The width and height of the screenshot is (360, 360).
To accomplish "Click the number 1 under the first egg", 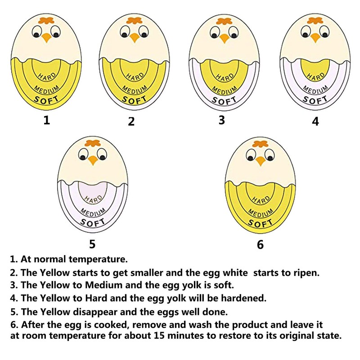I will point(46,120).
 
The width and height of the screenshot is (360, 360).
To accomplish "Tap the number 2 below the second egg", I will point(131,121).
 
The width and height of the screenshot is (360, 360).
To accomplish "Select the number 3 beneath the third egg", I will point(221,120).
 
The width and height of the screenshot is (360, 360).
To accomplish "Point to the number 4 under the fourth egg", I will point(315,121).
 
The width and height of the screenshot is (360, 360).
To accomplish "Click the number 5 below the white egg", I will point(92,244).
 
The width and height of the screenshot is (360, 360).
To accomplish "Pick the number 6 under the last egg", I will point(260,245).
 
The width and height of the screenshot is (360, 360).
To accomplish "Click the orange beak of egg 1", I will point(46,38).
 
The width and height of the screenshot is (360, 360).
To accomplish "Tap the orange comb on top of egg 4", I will point(315,20).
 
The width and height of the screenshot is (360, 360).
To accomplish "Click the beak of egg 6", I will point(260,161).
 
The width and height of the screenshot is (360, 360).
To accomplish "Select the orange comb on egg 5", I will point(92,144).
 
